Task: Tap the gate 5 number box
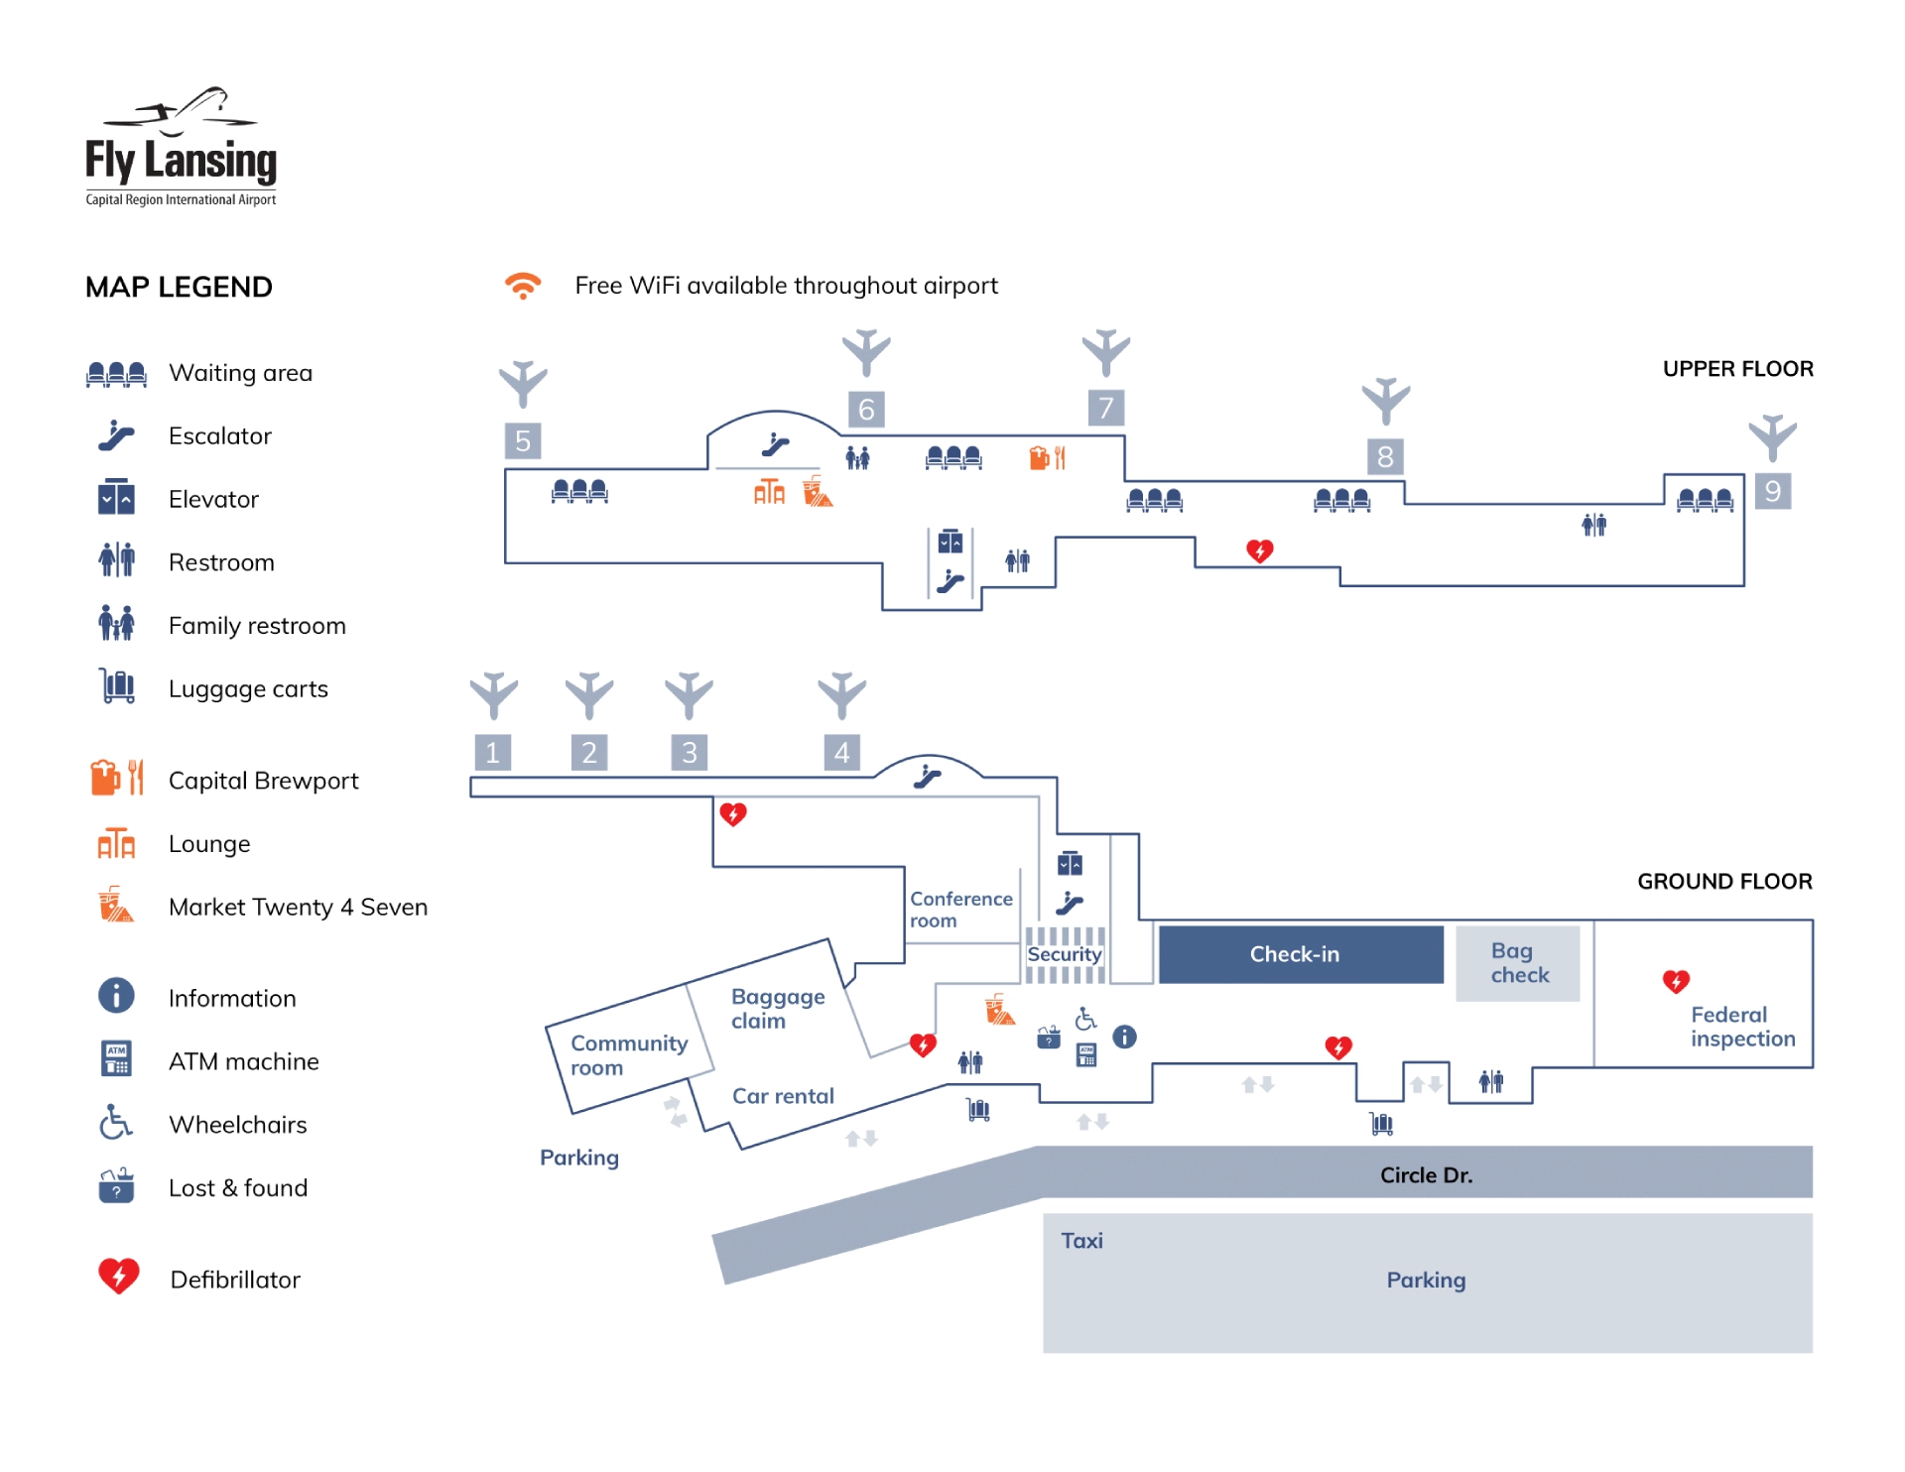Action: pyautogui.click(x=523, y=440)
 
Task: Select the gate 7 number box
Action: pyautogui.click(x=1105, y=408)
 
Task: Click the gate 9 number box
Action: pyautogui.click(x=1772, y=491)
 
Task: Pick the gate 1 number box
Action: pyautogui.click(x=492, y=753)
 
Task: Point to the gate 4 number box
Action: pyautogui.click(x=841, y=753)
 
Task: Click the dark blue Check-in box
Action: pyautogui.click(x=1300, y=954)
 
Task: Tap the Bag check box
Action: pyautogui.click(x=1517, y=963)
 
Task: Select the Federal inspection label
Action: pyautogui.click(x=1742, y=1027)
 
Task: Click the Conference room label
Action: pyautogui.click(x=960, y=910)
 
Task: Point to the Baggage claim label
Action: pyautogui.click(x=778, y=1009)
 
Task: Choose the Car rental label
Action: pyautogui.click(x=783, y=1096)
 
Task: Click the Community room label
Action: pyautogui.click(x=628, y=1055)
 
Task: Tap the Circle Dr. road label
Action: pyautogui.click(x=1426, y=1175)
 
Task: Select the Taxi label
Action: pyautogui.click(x=1081, y=1241)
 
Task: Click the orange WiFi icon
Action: pyautogui.click(x=523, y=286)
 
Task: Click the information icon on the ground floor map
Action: pyautogui.click(x=1124, y=1037)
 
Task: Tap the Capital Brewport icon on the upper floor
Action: pyautogui.click(x=1047, y=457)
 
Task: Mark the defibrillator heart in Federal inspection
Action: pyautogui.click(x=1676, y=981)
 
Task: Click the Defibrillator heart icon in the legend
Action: pyautogui.click(x=119, y=1277)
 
